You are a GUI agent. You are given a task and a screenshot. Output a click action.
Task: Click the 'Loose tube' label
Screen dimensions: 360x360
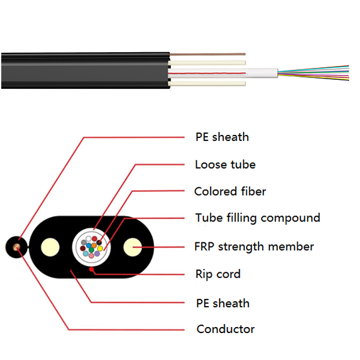(x=225, y=164)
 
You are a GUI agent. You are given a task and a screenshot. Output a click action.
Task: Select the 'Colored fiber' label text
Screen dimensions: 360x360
(x=230, y=191)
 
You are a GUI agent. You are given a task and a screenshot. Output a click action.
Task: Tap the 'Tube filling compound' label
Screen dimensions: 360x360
(x=257, y=218)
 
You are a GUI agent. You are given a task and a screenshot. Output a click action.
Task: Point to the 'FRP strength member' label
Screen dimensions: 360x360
(x=254, y=247)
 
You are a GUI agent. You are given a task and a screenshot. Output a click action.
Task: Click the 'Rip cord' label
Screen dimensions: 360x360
(x=217, y=274)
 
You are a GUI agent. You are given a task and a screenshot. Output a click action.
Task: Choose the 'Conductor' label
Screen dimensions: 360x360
(x=226, y=329)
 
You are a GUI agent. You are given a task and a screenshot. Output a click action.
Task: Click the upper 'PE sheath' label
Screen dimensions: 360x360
(x=222, y=137)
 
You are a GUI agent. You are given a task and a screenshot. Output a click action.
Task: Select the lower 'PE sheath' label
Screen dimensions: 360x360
(x=223, y=303)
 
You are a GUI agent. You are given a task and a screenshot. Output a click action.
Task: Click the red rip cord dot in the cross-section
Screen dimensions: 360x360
(x=91, y=269)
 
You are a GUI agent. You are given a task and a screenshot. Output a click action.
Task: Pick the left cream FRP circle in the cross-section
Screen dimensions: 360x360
(x=49, y=247)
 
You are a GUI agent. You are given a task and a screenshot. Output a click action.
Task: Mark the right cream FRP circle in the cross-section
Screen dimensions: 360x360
(x=132, y=247)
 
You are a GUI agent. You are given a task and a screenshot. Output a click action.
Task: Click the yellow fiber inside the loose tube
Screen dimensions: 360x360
(x=100, y=248)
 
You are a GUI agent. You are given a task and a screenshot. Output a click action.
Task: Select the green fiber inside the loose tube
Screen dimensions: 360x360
(x=91, y=250)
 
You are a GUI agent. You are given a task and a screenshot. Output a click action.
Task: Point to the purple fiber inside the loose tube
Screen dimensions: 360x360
(x=97, y=254)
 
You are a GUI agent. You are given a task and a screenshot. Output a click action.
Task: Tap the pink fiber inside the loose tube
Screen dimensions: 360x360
(x=91, y=256)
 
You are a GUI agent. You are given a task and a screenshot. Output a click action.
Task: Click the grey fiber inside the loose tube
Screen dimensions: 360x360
(x=84, y=242)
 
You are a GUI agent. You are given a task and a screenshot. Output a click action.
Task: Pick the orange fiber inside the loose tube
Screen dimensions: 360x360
(x=94, y=245)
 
